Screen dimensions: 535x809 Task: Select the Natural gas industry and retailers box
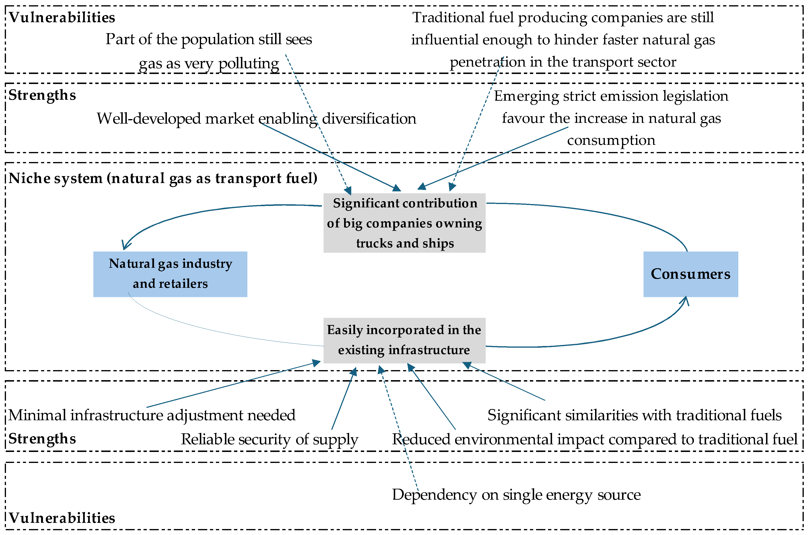170,274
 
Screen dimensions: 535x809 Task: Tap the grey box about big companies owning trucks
404,223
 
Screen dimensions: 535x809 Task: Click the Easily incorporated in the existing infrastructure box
404,340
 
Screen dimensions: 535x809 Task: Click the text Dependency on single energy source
516,495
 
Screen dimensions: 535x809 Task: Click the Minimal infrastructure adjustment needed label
152,415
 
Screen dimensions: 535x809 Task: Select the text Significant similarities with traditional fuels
634,415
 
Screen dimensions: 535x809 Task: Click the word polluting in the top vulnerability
249,63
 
